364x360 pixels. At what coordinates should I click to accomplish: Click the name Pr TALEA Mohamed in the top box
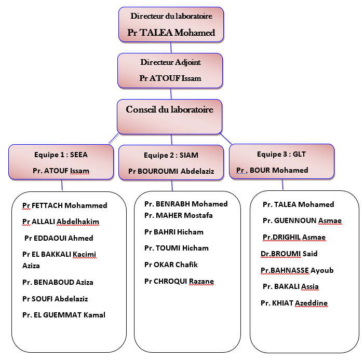[x=171, y=33]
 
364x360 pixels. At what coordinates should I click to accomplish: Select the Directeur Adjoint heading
[x=170, y=62]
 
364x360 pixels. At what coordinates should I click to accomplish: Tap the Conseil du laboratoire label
[x=169, y=109]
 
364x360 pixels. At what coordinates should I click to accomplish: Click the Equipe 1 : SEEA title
[x=61, y=155]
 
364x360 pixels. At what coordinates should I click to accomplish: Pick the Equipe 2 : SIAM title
[x=171, y=155]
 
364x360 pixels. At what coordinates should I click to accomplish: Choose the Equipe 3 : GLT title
[x=281, y=154]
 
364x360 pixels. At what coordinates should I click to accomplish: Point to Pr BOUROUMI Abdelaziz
[x=171, y=171]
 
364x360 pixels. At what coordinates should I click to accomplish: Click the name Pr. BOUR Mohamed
[x=272, y=170]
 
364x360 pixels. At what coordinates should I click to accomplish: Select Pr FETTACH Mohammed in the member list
[x=65, y=205]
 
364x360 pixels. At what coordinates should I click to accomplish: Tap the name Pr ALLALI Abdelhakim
[x=61, y=221]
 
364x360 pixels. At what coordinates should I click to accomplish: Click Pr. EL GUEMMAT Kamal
[x=64, y=315]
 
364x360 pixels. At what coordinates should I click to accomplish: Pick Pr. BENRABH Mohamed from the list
[x=186, y=204]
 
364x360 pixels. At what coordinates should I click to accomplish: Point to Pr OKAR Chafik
[x=171, y=265]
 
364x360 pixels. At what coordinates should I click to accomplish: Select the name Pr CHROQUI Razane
[x=179, y=281]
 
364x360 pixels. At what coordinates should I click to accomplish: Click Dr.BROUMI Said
[x=289, y=254]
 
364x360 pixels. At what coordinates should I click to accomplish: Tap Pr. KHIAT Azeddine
[x=294, y=303]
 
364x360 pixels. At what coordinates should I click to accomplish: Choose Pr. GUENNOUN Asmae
[x=302, y=220]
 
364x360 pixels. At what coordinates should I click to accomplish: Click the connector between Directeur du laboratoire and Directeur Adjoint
[x=171, y=48]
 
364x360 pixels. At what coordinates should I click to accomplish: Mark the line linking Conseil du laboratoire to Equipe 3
[x=226, y=139]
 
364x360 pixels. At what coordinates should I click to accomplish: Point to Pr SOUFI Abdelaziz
[x=55, y=299]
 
